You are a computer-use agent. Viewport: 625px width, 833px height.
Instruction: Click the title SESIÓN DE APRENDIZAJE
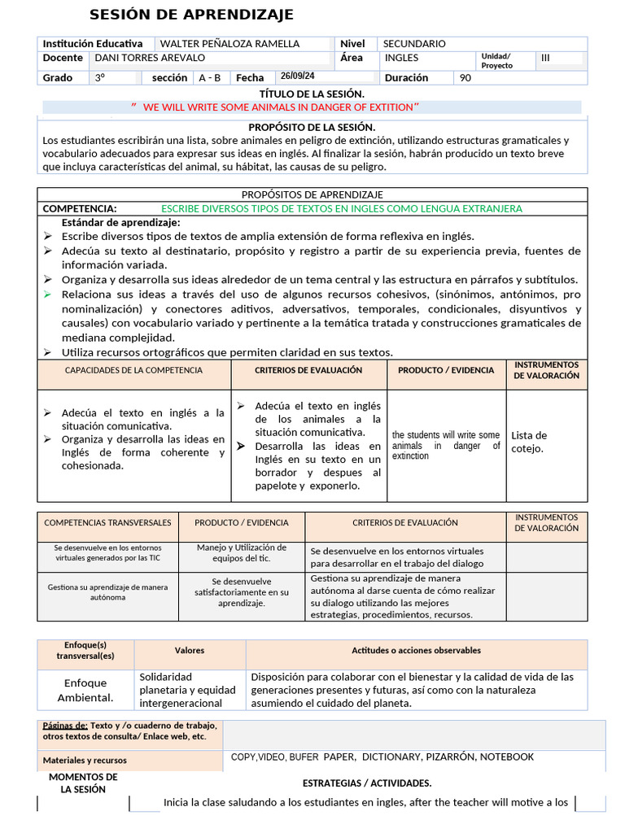click(191, 15)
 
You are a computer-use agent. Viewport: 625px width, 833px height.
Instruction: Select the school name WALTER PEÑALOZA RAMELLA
click(229, 44)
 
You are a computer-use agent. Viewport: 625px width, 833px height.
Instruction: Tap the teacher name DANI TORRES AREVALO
click(150, 58)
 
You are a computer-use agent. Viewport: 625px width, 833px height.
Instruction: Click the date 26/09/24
click(297, 76)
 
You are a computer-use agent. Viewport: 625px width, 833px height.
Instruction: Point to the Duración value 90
click(465, 78)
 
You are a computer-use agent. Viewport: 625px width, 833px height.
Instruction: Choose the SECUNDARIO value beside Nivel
click(414, 44)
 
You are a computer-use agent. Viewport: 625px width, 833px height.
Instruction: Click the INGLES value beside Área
click(401, 58)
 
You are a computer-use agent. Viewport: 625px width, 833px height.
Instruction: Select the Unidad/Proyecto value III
click(545, 58)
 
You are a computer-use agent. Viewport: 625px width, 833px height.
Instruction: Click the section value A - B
click(209, 78)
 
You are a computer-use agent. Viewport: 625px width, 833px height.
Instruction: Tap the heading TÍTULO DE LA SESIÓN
click(312, 94)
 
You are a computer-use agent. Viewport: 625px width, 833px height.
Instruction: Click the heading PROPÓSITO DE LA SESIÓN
click(312, 127)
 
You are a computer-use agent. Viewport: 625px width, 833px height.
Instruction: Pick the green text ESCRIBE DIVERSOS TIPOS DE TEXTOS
click(342, 209)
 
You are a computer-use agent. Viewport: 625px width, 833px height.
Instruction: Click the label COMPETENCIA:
click(80, 209)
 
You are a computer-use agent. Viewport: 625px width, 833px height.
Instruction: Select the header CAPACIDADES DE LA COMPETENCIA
click(133, 370)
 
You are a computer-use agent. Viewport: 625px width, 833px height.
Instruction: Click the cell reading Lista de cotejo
click(529, 442)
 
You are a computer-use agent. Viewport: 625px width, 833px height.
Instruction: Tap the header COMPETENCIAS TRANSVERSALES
click(107, 522)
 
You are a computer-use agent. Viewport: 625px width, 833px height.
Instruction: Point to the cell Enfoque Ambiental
click(85, 690)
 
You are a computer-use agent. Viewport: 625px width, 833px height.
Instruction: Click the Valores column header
click(190, 651)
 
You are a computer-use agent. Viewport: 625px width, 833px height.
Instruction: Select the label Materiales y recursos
click(85, 761)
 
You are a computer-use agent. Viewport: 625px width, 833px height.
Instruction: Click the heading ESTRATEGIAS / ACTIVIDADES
click(367, 783)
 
